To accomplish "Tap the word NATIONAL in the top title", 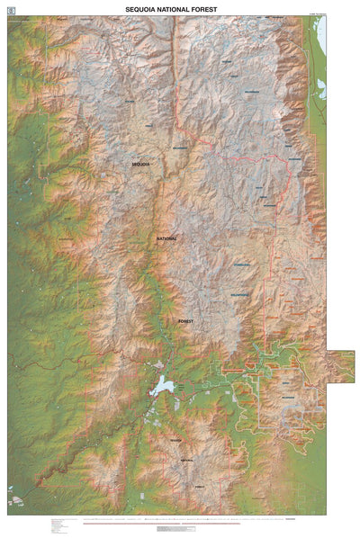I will coord(179,7).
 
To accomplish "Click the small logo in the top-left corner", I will coord(11,8).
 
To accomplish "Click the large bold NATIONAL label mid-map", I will coord(167,238).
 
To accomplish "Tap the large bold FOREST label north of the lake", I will coord(186,321).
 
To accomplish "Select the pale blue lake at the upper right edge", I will coord(319,36).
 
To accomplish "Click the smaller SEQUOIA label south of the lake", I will coord(175,440).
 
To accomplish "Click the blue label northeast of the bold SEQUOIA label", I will coord(180,148).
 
